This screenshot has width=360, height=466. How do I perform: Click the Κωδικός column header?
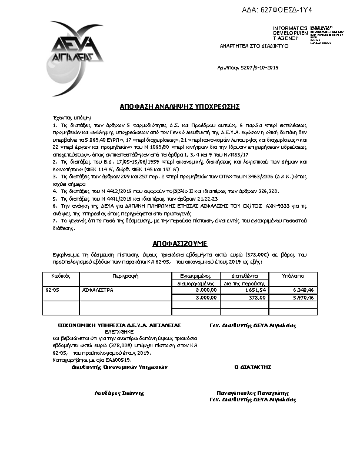coord(57,275)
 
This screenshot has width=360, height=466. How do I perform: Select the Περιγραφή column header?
coord(124,275)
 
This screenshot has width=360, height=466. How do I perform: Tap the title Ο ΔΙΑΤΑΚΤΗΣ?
coord(253,367)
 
